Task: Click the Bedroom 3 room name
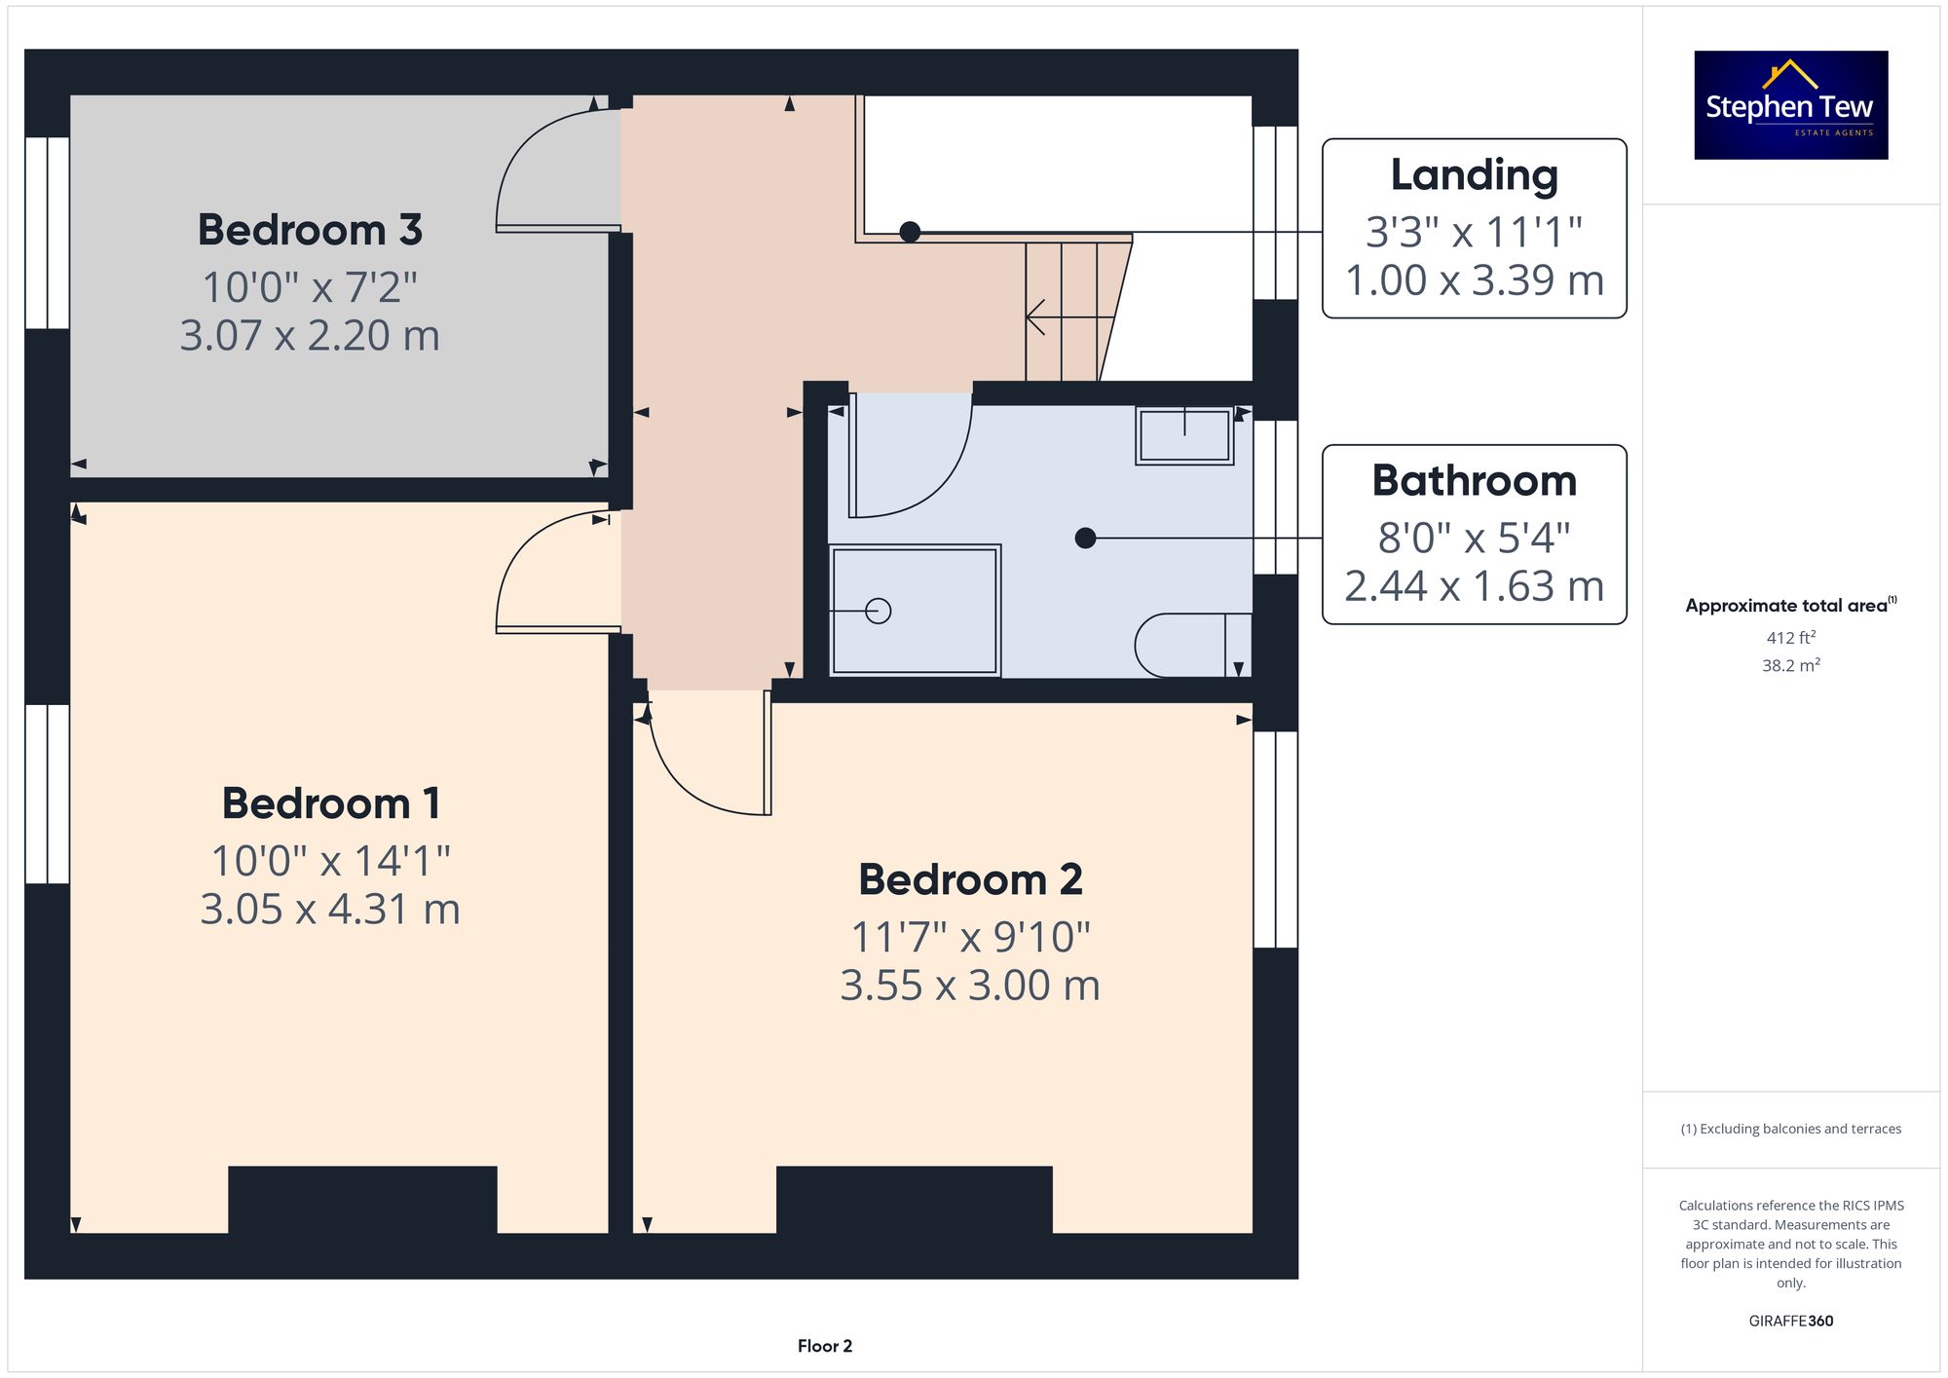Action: pyautogui.click(x=310, y=230)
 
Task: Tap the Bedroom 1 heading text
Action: pyautogui.click(x=331, y=803)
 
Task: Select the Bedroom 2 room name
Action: pyautogui.click(x=970, y=879)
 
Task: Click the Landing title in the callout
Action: pyautogui.click(x=1474, y=175)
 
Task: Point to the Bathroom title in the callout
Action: pyautogui.click(x=1474, y=480)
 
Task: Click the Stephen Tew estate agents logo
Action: pyautogui.click(x=1791, y=105)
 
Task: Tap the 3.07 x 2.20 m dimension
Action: pyautogui.click(x=310, y=335)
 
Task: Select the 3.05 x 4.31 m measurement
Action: pyautogui.click(x=330, y=909)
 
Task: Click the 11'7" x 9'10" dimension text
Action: pyautogui.click(x=970, y=937)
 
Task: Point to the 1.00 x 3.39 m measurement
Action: pyautogui.click(x=1474, y=280)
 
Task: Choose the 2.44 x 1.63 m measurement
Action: pyautogui.click(x=1474, y=586)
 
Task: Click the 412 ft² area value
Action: pyautogui.click(x=1791, y=638)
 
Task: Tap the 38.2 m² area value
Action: pyautogui.click(x=1791, y=665)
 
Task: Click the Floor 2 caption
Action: pyautogui.click(x=825, y=1346)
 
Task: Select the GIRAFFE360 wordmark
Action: pyautogui.click(x=1791, y=1322)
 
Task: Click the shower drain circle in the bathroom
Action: pyautogui.click(x=879, y=611)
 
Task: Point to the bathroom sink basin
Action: pyautogui.click(x=1184, y=434)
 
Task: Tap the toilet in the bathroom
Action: pyautogui.click(x=1193, y=645)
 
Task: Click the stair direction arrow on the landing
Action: pyautogui.click(x=1069, y=317)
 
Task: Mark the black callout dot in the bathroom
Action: pyautogui.click(x=1086, y=538)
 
